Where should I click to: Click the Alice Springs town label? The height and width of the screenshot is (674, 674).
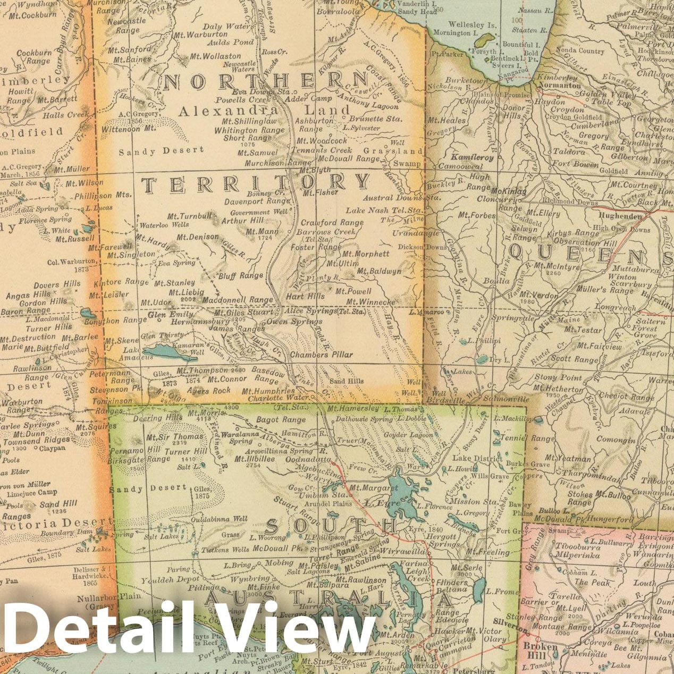click(x=311, y=310)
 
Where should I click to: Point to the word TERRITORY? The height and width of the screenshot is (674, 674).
click(x=256, y=184)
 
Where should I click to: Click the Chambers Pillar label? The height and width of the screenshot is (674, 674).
click(x=322, y=355)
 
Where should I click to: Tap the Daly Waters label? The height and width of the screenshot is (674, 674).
click(x=226, y=26)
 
